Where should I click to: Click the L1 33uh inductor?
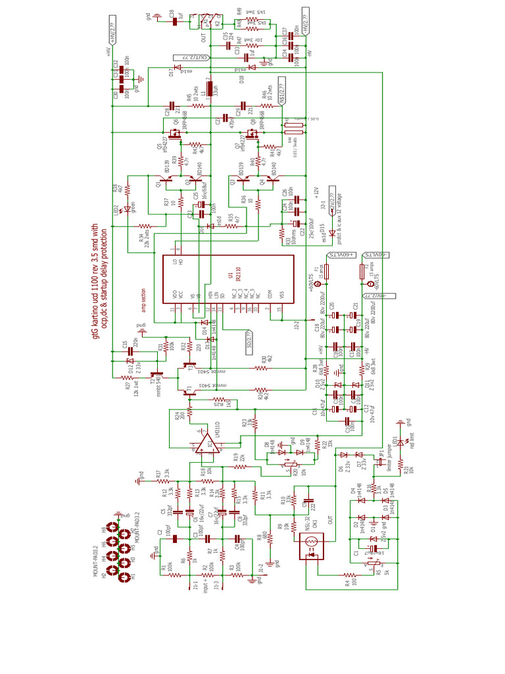click(210, 89)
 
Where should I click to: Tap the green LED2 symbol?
click(128, 211)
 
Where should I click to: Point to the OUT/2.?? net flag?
click(191, 58)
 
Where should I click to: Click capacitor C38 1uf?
click(175, 21)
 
